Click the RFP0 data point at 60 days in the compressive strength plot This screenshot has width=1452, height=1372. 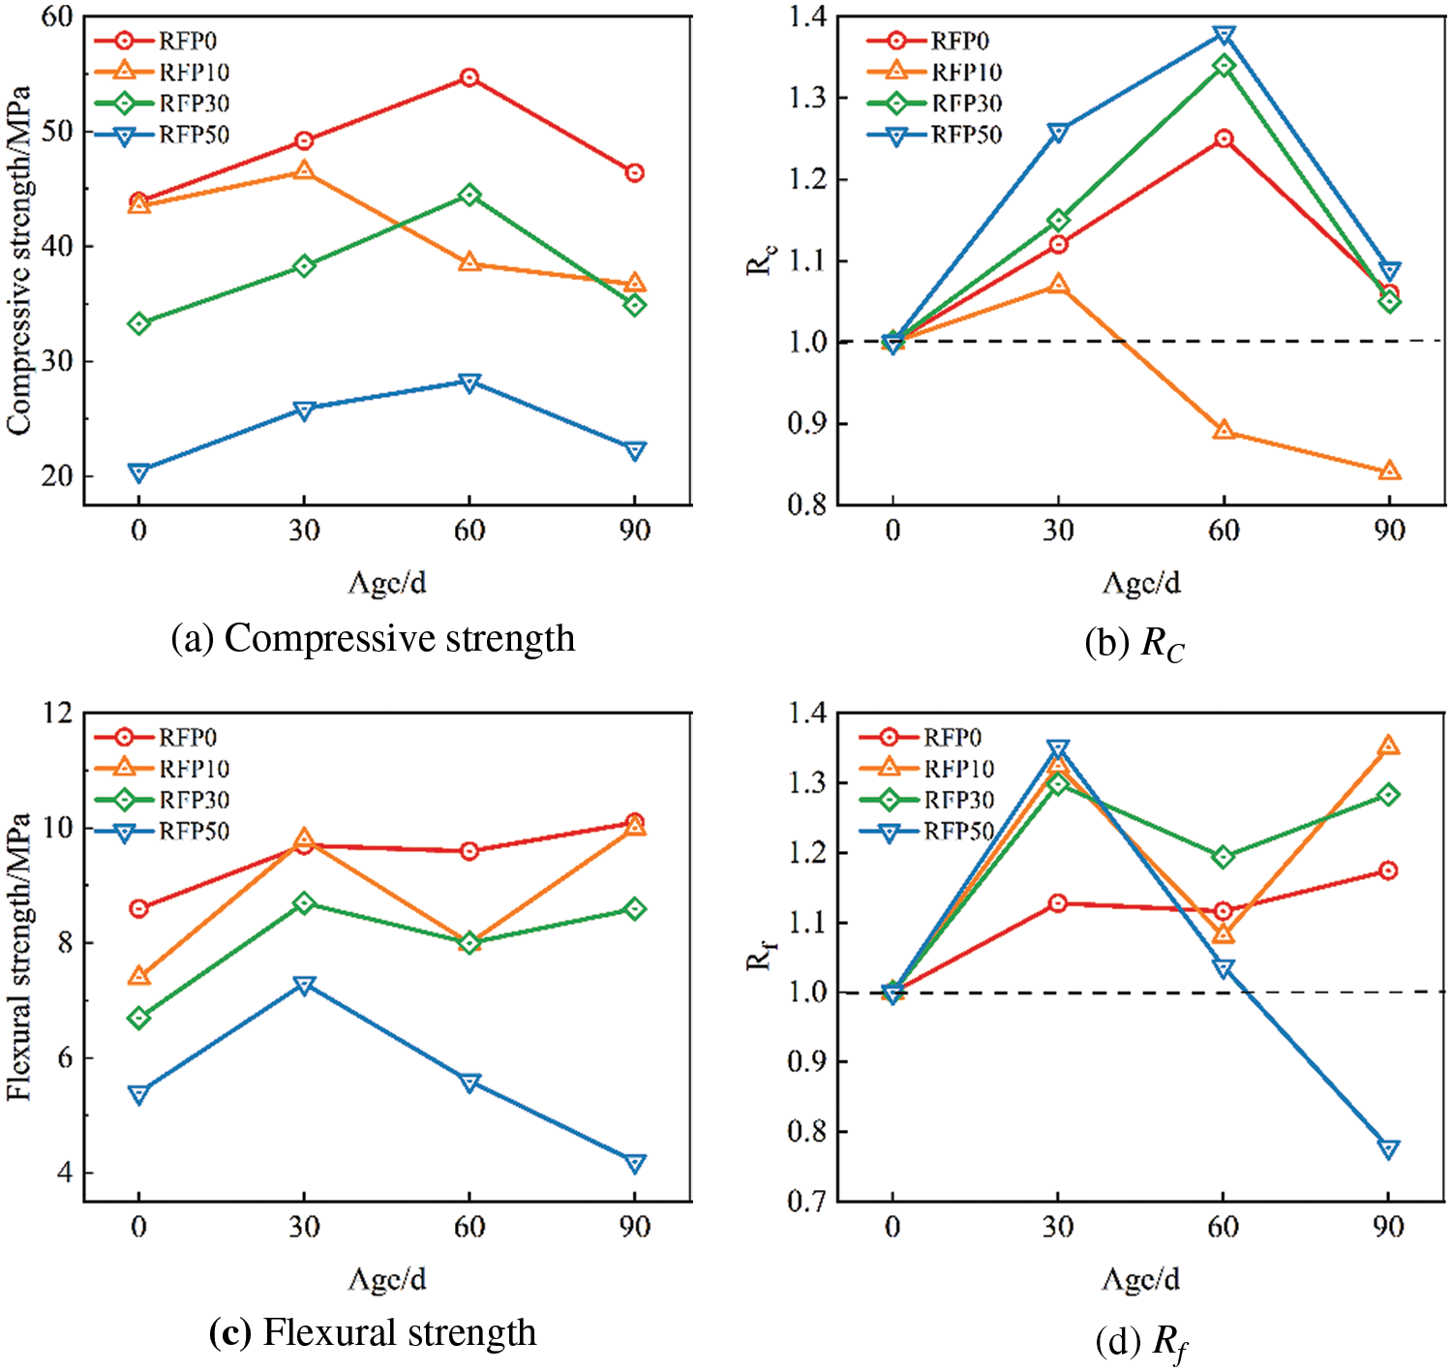[469, 77]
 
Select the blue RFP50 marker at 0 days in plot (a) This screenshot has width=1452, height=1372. [138, 472]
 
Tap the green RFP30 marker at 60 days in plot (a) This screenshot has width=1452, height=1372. [469, 196]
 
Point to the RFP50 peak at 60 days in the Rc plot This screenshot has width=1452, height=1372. [1224, 36]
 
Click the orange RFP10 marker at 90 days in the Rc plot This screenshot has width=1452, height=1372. [1389, 472]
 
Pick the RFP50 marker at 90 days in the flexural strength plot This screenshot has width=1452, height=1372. [635, 1163]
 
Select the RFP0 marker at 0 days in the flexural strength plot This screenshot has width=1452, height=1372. [138, 908]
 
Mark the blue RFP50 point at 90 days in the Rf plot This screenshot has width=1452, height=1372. [1389, 1149]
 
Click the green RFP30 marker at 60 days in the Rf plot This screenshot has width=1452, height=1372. [1224, 857]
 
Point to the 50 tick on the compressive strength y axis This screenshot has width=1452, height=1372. [58, 132]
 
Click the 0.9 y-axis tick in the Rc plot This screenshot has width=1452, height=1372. [807, 424]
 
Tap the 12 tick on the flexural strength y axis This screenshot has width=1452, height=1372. [58, 714]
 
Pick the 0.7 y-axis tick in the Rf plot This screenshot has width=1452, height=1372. [807, 1202]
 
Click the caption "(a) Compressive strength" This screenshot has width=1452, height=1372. [373, 639]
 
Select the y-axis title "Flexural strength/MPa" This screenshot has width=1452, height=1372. [19, 957]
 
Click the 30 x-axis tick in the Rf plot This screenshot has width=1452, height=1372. [1058, 1227]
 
